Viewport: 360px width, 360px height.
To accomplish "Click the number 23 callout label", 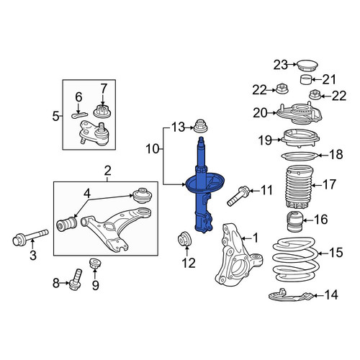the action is tap(281, 65).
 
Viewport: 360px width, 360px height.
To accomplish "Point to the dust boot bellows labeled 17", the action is tap(299, 187).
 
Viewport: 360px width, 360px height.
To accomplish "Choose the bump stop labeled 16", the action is tap(295, 222).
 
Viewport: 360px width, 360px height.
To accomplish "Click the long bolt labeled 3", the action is tap(30, 237).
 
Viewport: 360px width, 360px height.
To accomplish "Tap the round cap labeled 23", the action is tap(307, 66).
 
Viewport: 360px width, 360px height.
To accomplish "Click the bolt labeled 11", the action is tap(239, 196).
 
